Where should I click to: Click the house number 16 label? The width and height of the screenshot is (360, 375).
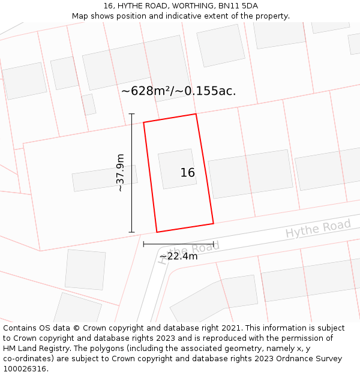click(x=188, y=173)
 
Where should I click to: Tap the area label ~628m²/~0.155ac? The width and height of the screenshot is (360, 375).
click(x=179, y=91)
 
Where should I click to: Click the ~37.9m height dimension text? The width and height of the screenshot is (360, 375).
click(x=120, y=173)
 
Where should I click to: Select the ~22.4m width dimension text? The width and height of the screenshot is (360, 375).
click(x=179, y=257)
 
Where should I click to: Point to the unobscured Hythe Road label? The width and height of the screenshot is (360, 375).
click(x=318, y=228)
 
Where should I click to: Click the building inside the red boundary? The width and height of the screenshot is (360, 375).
click(x=176, y=169)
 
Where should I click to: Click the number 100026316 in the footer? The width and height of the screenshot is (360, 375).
click(x=25, y=369)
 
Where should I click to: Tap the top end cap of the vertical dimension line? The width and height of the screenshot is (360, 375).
click(x=132, y=113)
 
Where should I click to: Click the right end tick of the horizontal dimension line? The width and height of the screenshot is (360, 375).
click(x=214, y=244)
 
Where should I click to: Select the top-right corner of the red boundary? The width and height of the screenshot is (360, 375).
click(x=196, y=114)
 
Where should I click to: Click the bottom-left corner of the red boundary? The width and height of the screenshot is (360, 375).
click(x=157, y=232)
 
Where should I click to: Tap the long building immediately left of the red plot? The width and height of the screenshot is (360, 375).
click(x=104, y=178)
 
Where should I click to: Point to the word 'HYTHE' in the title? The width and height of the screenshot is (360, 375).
click(x=131, y=5)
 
